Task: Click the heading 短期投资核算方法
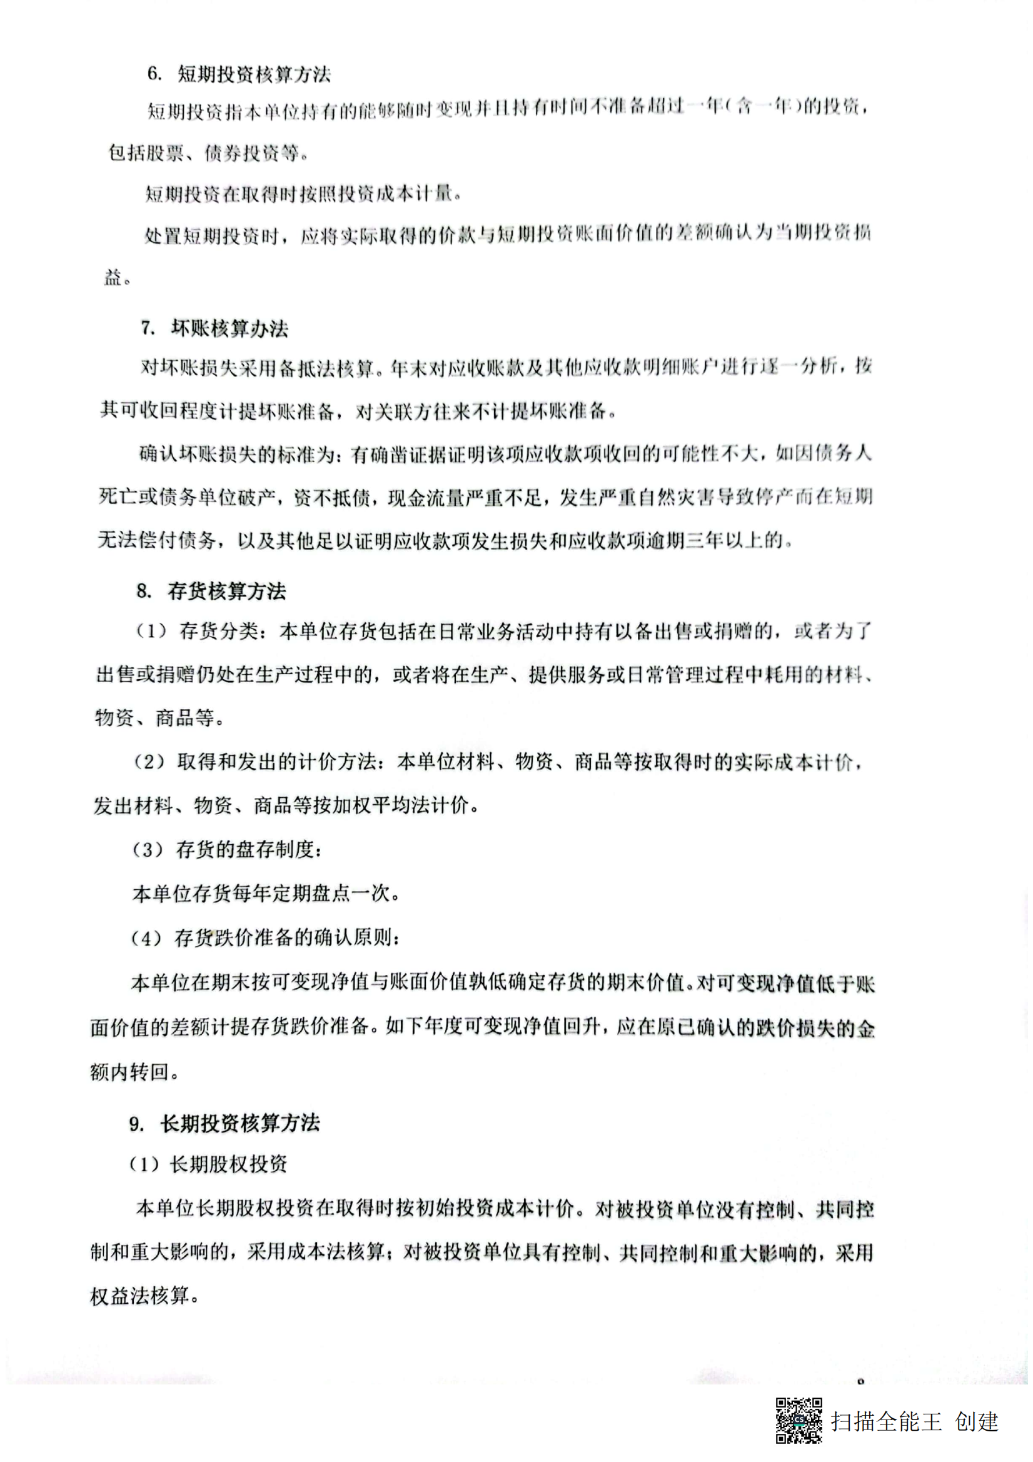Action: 253,74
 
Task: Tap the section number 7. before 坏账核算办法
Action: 148,328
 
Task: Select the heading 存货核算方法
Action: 227,592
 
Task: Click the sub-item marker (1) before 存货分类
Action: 151,632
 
